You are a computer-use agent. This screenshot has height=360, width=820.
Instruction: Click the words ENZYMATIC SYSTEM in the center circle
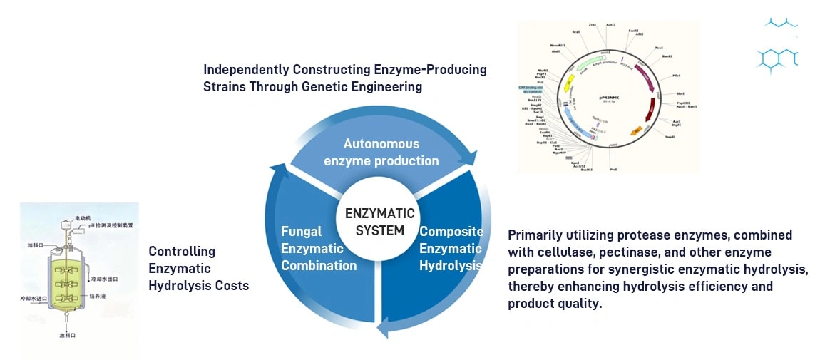379,222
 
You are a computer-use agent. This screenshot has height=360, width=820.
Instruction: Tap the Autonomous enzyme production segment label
381,152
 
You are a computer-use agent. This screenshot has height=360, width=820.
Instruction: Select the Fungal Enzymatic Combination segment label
318,248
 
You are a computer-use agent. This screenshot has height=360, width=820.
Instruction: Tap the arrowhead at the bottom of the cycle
384,327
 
